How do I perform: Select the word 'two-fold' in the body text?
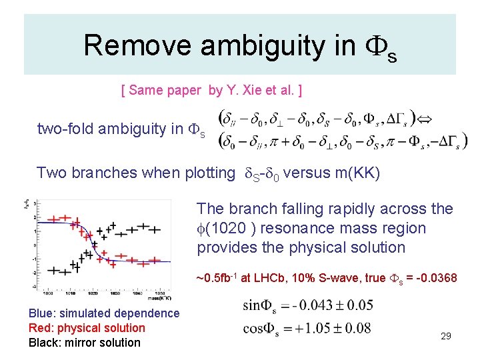coord(65,129)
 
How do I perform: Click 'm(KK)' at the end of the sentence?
coord(360,173)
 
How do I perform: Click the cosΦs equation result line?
coord(308,329)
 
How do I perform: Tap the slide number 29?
coord(446,336)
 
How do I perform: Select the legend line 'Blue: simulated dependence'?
coord(104,313)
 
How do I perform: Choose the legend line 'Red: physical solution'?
coord(87,328)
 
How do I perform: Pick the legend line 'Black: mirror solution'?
coord(85,343)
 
